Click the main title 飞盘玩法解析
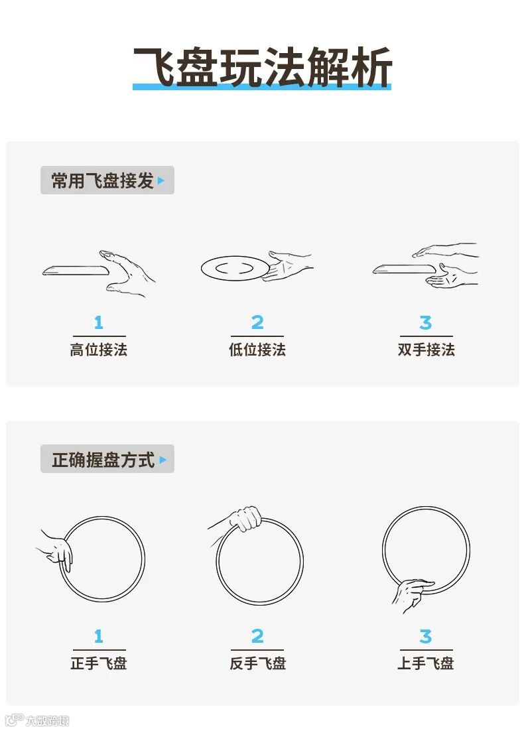point(262,68)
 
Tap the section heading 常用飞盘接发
point(103,180)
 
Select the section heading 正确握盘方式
point(103,460)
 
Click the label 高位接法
point(99,350)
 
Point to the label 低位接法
point(257,350)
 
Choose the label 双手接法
point(426,350)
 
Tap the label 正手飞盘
point(99,663)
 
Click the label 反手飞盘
point(257,663)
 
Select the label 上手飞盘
point(426,663)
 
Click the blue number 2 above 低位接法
point(257,322)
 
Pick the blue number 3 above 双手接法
point(425,322)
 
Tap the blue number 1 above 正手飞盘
point(98,636)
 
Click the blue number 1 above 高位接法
point(98,322)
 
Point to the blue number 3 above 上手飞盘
point(425,636)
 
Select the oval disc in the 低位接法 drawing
point(235,269)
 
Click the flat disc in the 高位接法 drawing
point(76,271)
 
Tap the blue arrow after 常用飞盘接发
point(161,180)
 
